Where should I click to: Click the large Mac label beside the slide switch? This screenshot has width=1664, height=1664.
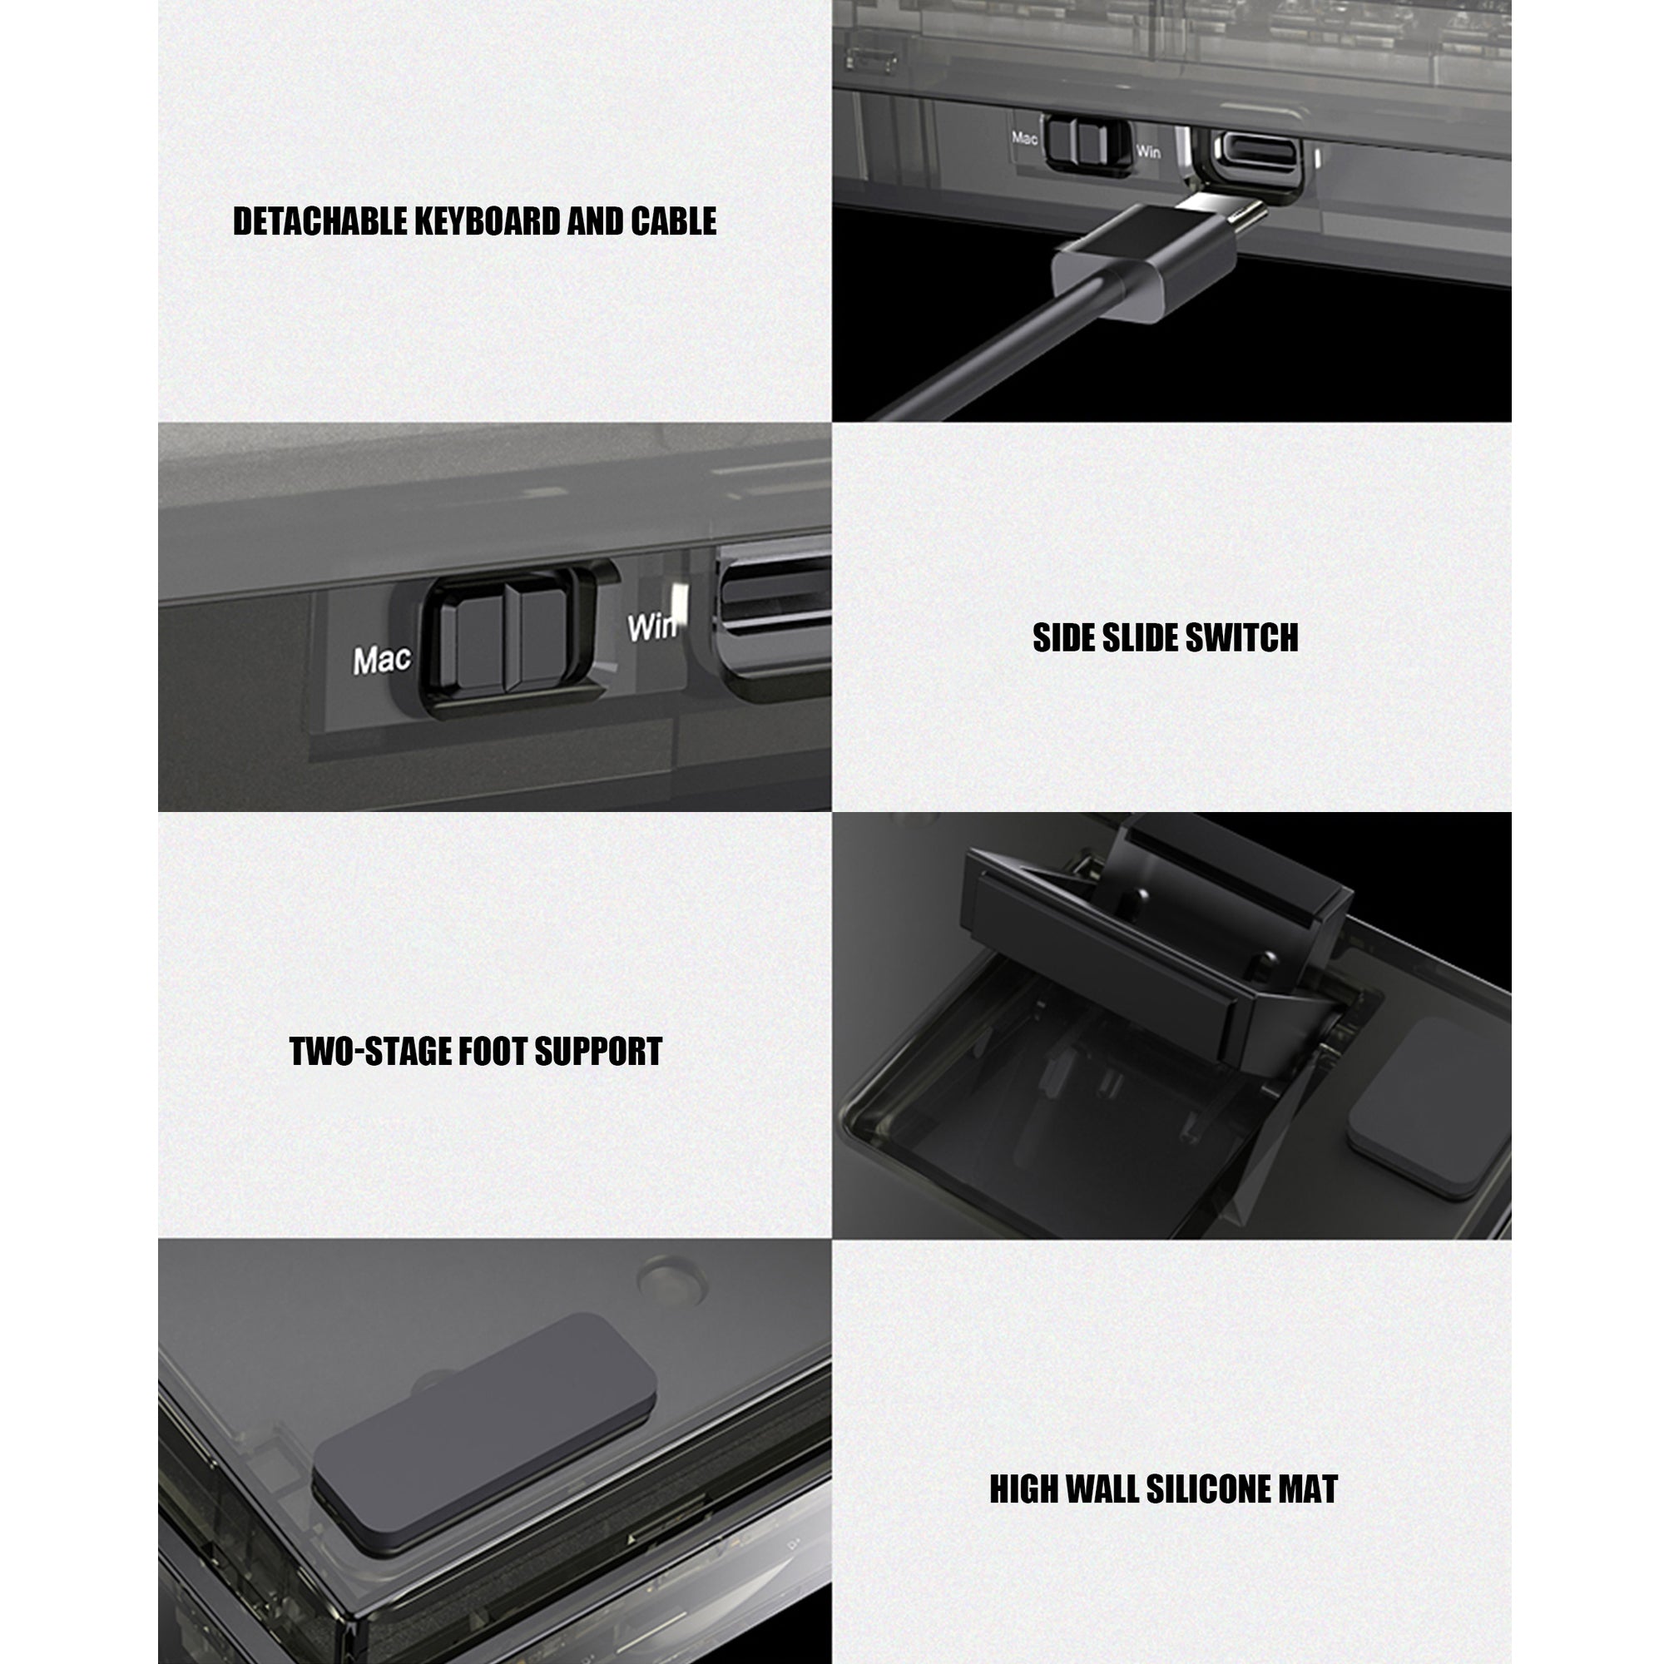tap(382, 661)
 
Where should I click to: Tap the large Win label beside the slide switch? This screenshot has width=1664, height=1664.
tap(652, 626)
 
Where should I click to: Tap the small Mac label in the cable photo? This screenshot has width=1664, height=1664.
tap(1024, 138)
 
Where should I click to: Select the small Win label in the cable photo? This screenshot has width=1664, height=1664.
tap(1147, 151)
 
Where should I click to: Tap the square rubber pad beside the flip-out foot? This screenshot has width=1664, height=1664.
tap(1427, 1108)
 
